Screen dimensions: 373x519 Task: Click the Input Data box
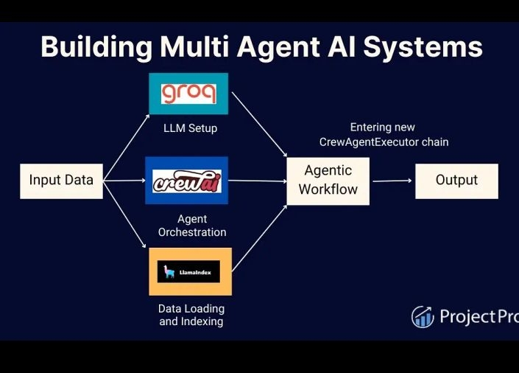pyautogui.click(x=61, y=181)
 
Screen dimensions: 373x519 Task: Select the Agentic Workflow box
pyautogui.click(x=328, y=181)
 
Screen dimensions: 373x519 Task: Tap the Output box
pyautogui.click(x=456, y=181)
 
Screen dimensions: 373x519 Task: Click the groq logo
pyautogui.click(x=188, y=94)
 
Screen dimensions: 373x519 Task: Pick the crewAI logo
pyautogui.click(x=186, y=181)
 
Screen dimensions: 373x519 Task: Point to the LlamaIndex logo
pyautogui.click(x=190, y=272)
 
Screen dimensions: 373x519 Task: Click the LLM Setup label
pyautogui.click(x=190, y=128)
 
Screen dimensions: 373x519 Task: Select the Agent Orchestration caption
pyautogui.click(x=191, y=226)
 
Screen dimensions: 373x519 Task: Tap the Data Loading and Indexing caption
pyautogui.click(x=191, y=315)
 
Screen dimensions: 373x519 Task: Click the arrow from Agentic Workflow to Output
pyautogui.click(x=392, y=181)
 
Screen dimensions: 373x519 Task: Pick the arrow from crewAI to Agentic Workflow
pyautogui.click(x=257, y=181)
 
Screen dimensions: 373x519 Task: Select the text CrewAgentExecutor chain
pyautogui.click(x=383, y=142)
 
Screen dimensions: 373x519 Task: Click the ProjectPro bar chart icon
pyautogui.click(x=423, y=316)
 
